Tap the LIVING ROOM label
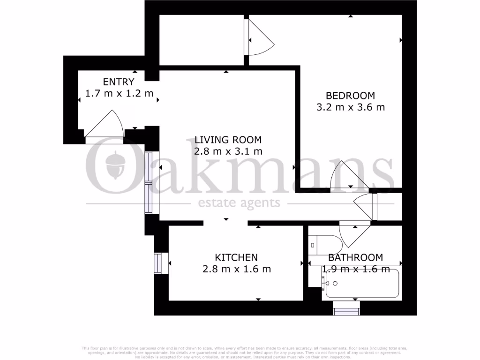point(228,140)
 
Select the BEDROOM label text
point(350,96)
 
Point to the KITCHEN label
point(236,257)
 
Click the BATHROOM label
point(355,257)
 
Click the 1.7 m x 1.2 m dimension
point(120,93)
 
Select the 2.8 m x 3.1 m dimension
point(228,151)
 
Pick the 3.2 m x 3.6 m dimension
point(350,107)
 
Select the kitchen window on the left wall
point(158,263)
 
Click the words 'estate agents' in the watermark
point(239,203)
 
